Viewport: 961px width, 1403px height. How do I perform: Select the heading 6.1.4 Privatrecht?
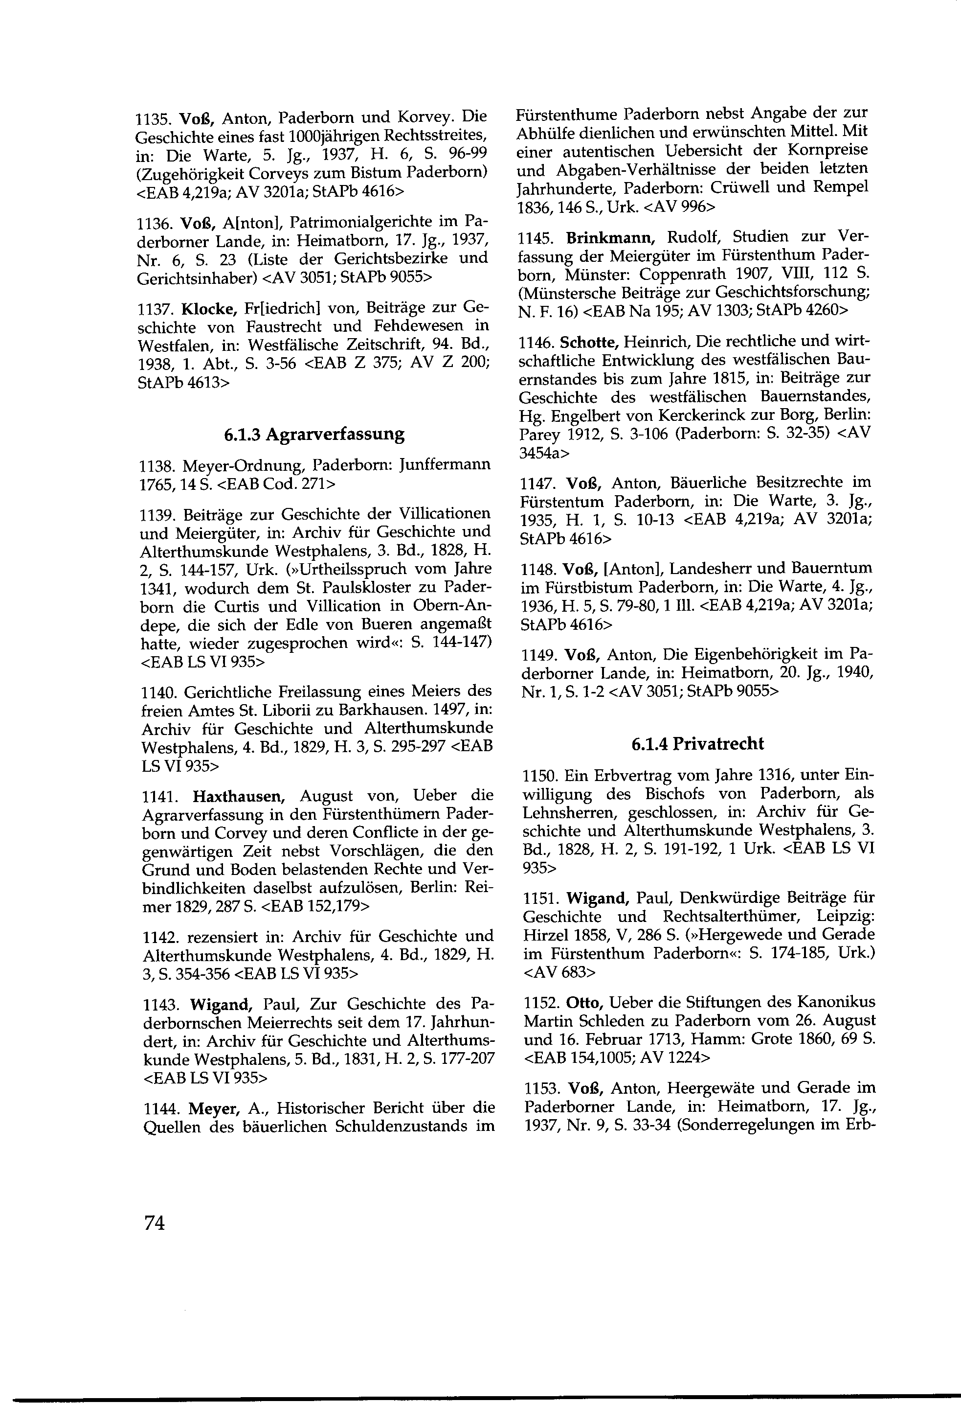coord(697,744)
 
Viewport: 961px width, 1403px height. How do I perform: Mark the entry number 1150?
coord(539,775)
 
